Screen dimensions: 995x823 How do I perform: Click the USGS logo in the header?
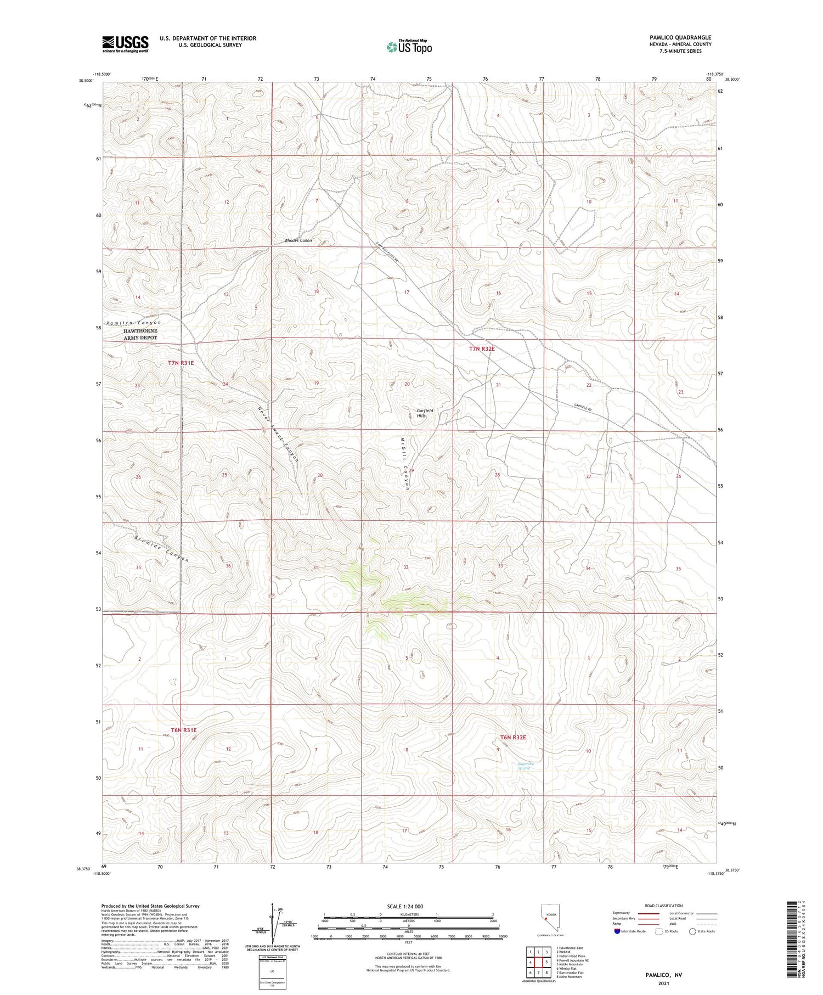125,44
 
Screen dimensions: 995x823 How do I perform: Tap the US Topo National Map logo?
409,47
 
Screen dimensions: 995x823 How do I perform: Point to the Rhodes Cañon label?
298,240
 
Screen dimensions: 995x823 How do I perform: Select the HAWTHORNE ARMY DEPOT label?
140,334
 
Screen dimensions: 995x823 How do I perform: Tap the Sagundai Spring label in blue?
526,766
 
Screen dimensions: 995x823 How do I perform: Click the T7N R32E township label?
482,348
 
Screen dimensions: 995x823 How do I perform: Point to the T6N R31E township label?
183,730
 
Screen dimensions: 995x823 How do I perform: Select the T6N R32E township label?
513,737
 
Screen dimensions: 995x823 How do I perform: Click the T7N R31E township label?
181,363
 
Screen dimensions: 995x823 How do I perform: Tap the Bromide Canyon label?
161,547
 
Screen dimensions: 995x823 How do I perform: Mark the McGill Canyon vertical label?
405,464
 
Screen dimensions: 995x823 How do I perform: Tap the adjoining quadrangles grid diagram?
539,961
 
